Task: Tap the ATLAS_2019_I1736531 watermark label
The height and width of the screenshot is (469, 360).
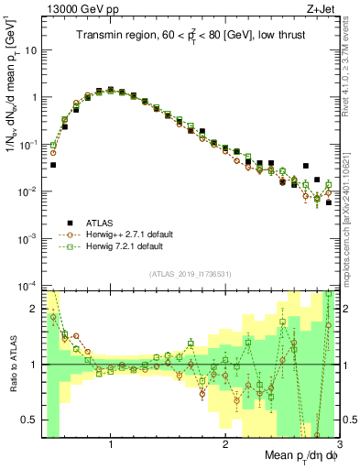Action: pos(191,274)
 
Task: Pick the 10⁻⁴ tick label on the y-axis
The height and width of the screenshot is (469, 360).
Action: pos(28,286)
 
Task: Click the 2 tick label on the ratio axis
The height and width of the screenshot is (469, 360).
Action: pos(35,309)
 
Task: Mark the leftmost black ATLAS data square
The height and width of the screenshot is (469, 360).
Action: pos(53,165)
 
